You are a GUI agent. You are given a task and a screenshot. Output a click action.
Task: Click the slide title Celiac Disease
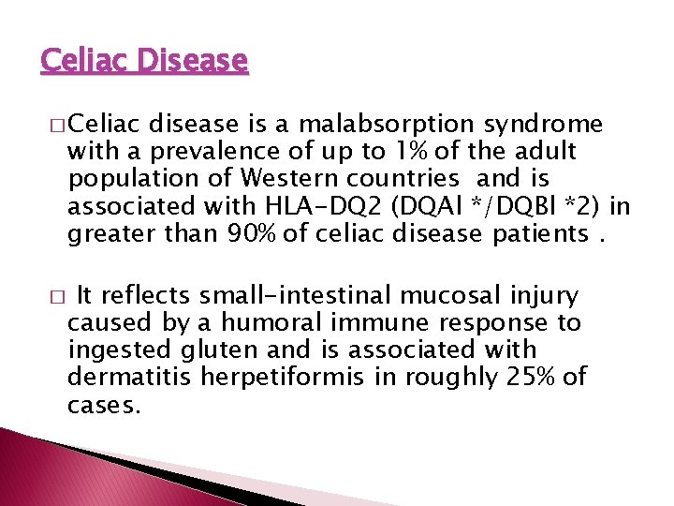pos(144,62)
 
